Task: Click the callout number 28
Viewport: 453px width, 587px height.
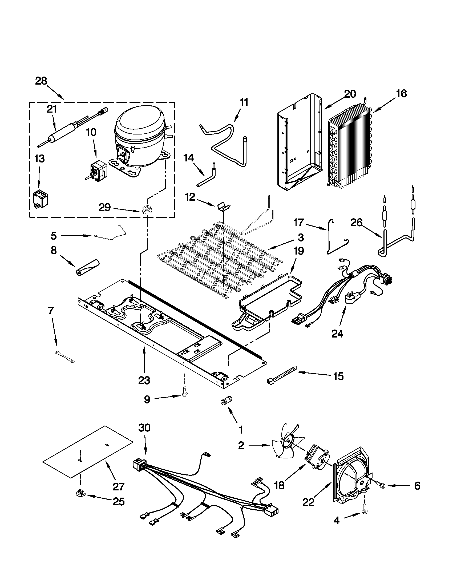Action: (x=41, y=81)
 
